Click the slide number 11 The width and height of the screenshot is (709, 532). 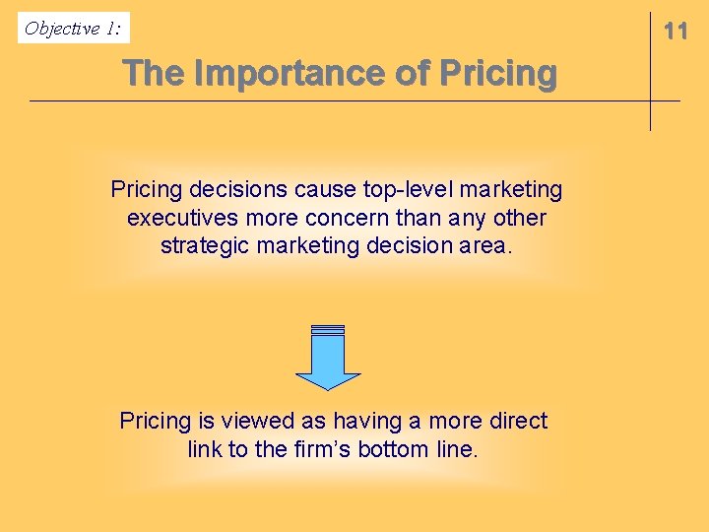[x=676, y=31]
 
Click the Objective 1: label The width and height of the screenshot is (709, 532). [x=73, y=29]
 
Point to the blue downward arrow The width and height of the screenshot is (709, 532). [x=328, y=359]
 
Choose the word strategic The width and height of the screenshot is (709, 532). [x=204, y=244]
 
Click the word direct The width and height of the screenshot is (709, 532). [x=514, y=421]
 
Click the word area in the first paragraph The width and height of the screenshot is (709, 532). [x=485, y=244]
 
